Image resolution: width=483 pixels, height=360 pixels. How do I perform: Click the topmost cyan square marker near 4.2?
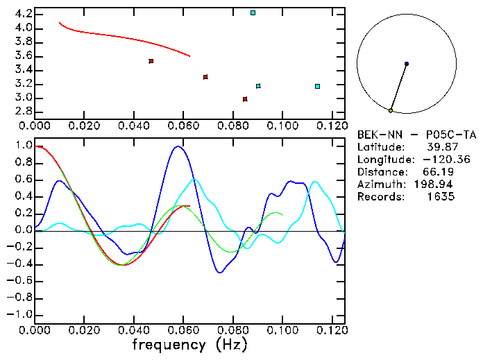pyautogui.click(x=253, y=13)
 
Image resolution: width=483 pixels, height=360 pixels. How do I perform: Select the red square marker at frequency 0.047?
pyautogui.click(x=151, y=61)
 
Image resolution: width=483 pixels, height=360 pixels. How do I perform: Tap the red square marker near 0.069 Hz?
pyautogui.click(x=205, y=77)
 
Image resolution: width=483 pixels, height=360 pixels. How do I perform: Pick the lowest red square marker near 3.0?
pyautogui.click(x=245, y=99)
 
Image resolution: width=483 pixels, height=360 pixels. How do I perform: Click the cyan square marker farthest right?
pyautogui.click(x=317, y=86)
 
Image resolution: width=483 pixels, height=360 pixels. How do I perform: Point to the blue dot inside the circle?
pyautogui.click(x=406, y=64)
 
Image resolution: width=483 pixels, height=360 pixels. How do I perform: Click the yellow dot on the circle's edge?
pyautogui.click(x=391, y=110)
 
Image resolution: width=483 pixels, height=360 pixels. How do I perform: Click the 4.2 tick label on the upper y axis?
pyautogui.click(x=22, y=14)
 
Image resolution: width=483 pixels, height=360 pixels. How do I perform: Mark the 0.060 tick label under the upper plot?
pyautogui.click(x=184, y=126)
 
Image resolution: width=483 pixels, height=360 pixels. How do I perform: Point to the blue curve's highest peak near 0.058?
pyautogui.click(x=178, y=146)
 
